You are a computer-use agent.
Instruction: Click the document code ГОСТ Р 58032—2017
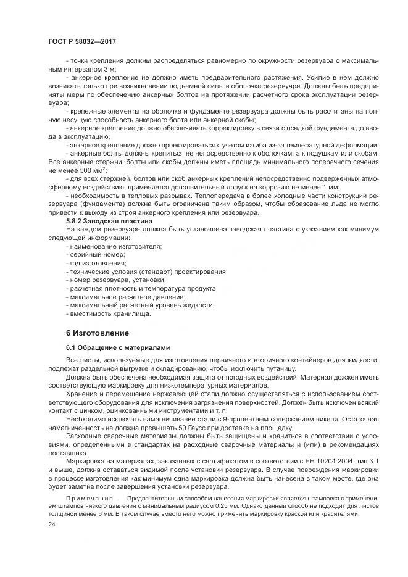[x=81, y=41]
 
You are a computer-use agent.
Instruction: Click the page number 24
[x=52, y=524]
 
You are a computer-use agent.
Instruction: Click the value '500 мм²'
[x=91, y=170]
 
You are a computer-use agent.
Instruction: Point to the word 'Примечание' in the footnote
[x=89, y=497]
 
